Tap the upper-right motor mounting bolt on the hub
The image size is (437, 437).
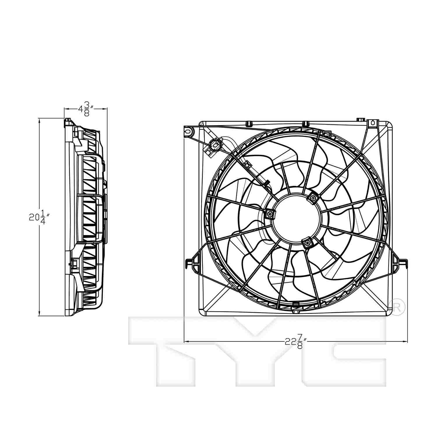tap(313, 198)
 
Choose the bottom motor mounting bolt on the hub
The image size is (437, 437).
tap(307, 242)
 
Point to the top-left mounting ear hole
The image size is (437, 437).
tap(188, 131)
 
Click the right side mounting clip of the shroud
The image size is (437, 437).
tap(399, 262)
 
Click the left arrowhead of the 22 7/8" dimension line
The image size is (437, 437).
tap(186, 341)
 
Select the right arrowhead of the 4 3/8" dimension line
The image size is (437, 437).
tap(105, 109)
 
